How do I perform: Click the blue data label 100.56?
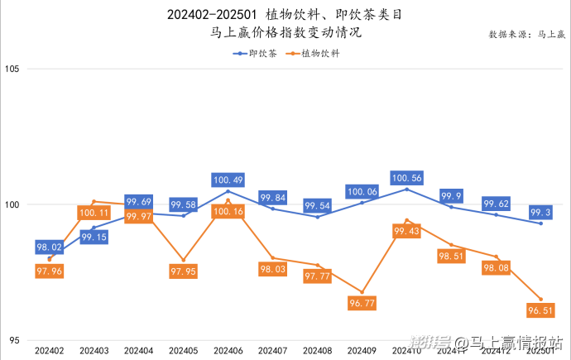click(x=406, y=178)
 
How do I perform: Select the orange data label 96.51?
click(x=540, y=311)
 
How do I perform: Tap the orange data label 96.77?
click(x=362, y=305)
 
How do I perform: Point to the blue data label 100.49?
click(x=228, y=180)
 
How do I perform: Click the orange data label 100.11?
click(x=94, y=213)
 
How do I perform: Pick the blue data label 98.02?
click(x=50, y=247)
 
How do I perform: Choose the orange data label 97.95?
click(x=183, y=271)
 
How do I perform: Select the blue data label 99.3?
click(x=542, y=213)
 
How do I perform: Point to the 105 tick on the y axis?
click(x=12, y=69)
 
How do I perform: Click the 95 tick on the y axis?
click(x=14, y=340)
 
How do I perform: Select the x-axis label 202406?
click(x=228, y=351)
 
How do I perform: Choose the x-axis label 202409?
click(x=362, y=351)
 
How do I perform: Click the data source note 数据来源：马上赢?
click(x=526, y=35)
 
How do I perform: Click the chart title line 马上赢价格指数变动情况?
click(x=286, y=34)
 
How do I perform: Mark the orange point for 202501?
click(x=540, y=300)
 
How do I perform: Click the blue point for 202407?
click(x=272, y=209)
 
